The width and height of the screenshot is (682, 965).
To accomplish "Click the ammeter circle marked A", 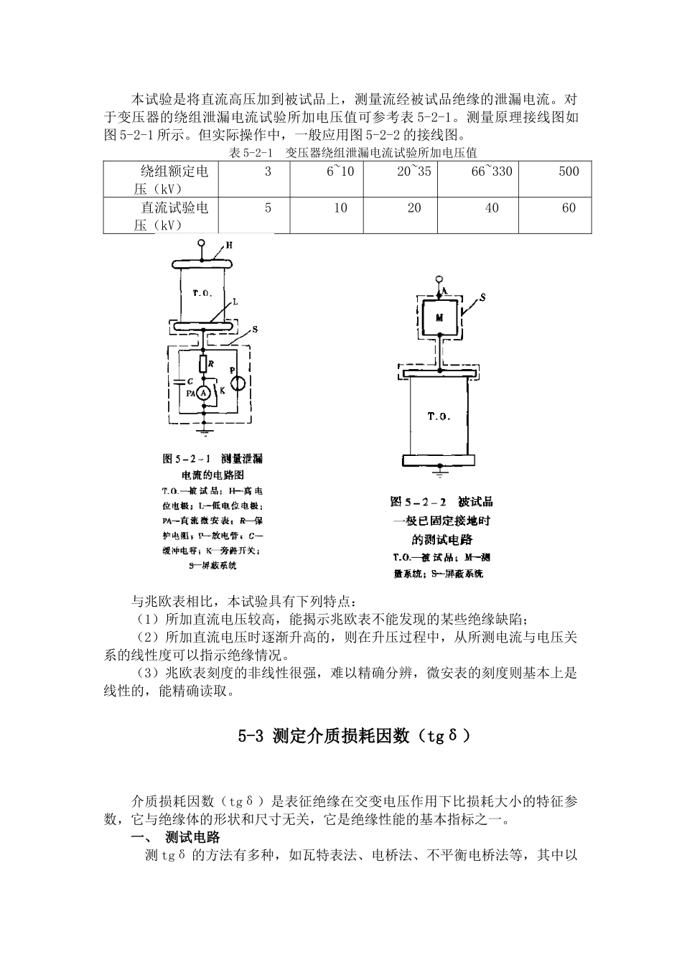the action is [204, 393].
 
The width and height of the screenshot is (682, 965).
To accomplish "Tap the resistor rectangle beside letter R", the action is [204, 365].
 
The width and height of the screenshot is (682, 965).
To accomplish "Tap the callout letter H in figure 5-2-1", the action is [229, 246].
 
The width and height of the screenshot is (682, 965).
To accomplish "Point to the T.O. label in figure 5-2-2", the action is [439, 417].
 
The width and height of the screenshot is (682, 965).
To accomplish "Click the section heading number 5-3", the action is [252, 736].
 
